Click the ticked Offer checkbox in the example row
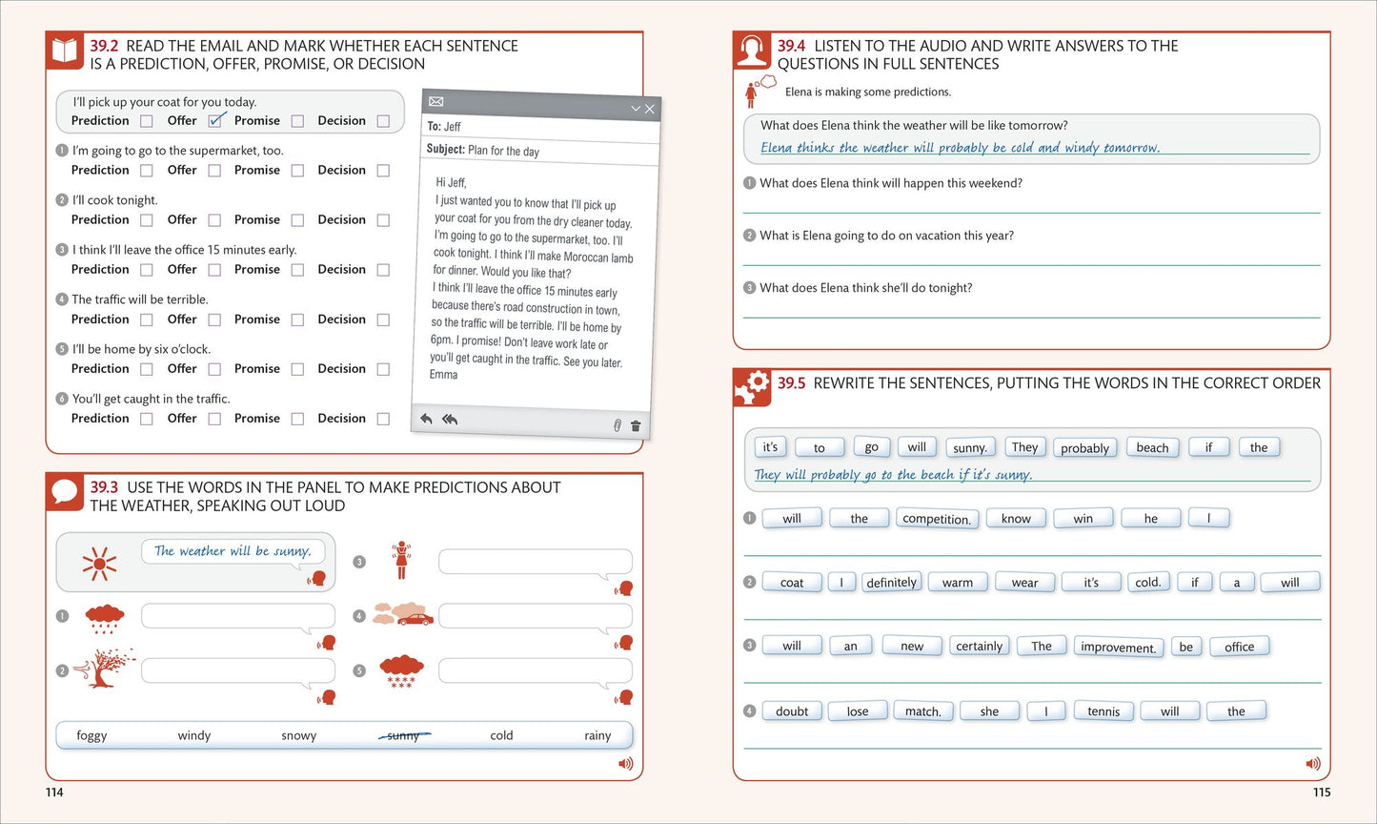click(214, 120)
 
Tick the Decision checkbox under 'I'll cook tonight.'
click(383, 220)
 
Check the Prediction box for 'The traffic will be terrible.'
click(147, 319)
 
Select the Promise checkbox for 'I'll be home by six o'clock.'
click(297, 369)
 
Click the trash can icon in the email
click(636, 426)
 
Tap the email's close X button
click(650, 109)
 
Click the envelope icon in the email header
click(435, 101)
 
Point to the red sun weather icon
click(99, 563)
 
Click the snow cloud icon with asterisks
click(401, 671)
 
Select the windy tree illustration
click(105, 668)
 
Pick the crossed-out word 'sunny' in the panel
click(403, 735)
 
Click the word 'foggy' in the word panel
click(91, 735)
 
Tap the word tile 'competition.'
click(936, 518)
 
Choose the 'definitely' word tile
click(891, 582)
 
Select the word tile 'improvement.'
click(1118, 647)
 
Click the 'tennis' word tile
click(1104, 711)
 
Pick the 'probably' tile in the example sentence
click(1084, 448)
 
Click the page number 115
click(1322, 793)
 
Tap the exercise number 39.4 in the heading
click(791, 46)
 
